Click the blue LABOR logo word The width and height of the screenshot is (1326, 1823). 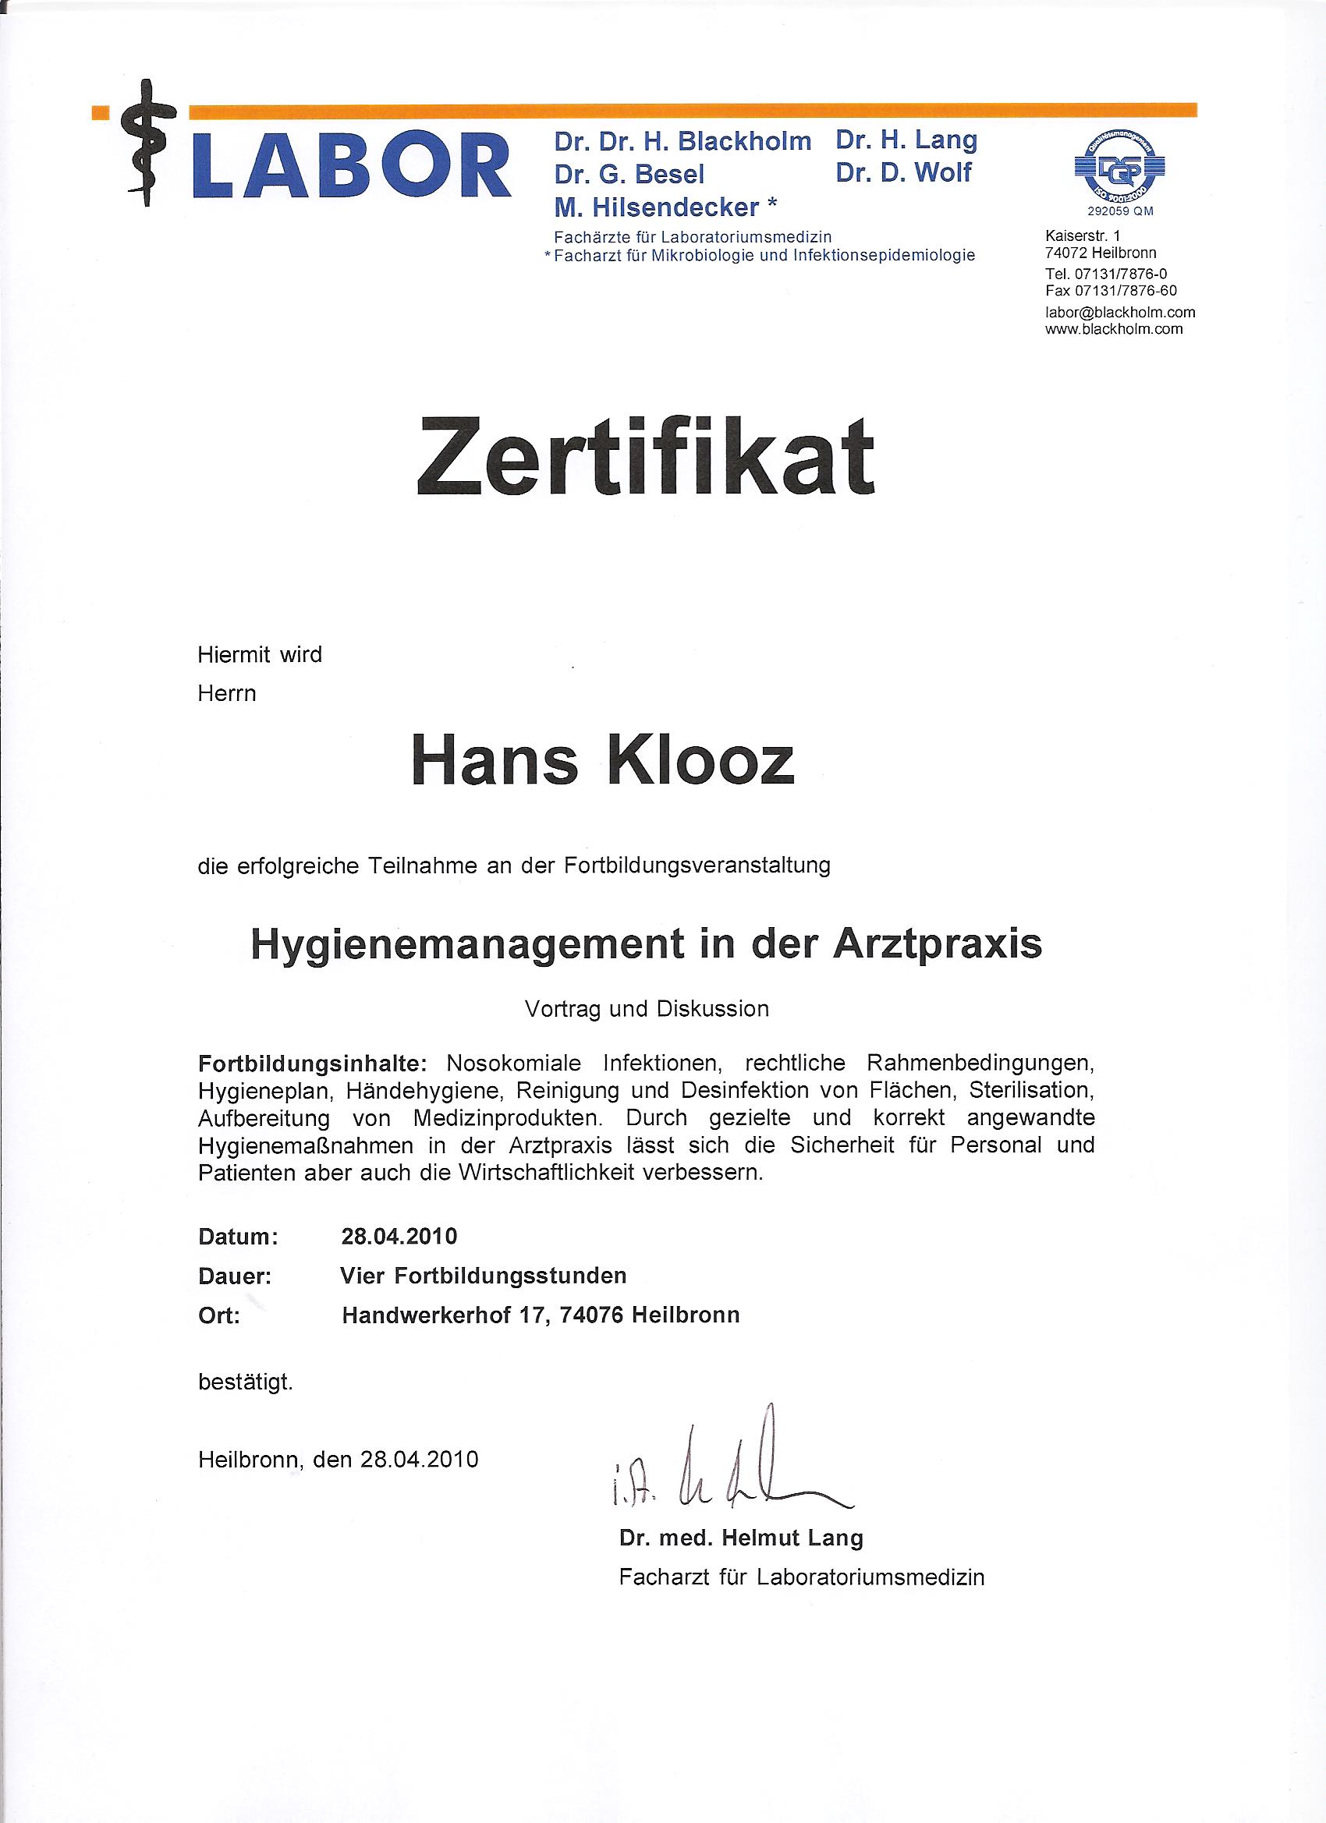click(x=352, y=165)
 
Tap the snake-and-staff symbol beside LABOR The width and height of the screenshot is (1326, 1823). click(x=146, y=143)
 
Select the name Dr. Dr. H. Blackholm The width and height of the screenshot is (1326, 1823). click(x=682, y=141)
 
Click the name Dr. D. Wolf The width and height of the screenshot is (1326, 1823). click(x=903, y=173)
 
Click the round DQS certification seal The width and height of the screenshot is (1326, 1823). click(x=1119, y=168)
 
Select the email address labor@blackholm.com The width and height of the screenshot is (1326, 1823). click(x=1119, y=312)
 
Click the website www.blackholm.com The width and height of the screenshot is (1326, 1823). click(x=1113, y=329)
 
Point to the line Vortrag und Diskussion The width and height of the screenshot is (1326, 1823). click(x=647, y=1009)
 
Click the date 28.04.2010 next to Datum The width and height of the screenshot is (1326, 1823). click(x=399, y=1236)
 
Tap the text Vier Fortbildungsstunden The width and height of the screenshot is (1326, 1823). click(x=484, y=1276)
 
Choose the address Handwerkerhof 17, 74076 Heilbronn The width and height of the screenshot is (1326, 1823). click(x=541, y=1315)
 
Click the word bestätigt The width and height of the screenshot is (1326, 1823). click(x=245, y=1382)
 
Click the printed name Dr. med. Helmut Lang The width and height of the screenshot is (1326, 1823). click(x=740, y=1538)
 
